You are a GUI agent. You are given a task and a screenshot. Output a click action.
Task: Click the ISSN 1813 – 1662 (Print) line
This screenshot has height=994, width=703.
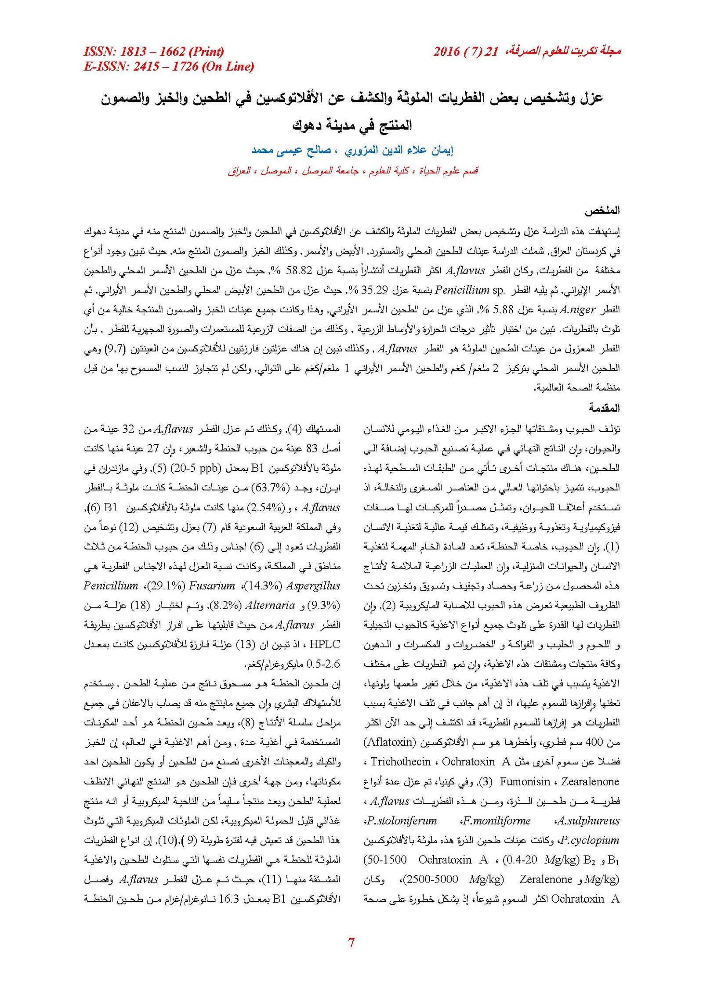point(154,52)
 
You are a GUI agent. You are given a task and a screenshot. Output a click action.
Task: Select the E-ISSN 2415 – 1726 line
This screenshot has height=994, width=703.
point(169,67)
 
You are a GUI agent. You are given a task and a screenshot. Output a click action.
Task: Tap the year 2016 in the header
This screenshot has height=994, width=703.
point(446,52)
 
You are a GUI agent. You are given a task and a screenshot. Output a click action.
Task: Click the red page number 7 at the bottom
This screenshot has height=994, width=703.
point(351,942)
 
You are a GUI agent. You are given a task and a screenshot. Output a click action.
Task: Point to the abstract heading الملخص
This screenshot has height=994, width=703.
point(602,211)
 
